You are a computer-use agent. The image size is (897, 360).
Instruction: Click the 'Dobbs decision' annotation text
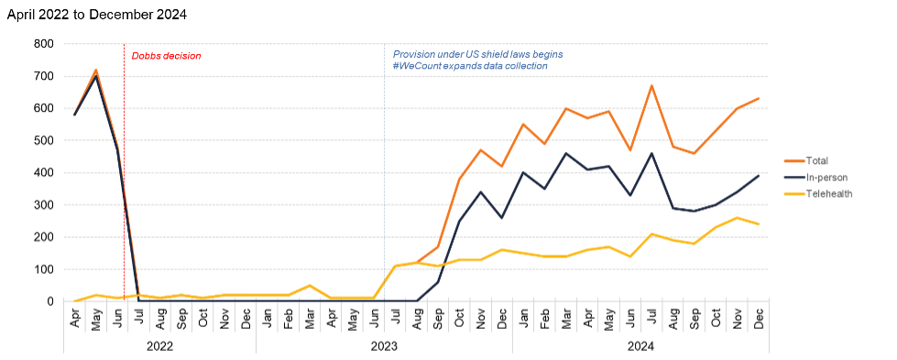tap(166, 56)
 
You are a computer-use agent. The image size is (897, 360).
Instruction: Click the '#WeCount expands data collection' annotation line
tap(470, 66)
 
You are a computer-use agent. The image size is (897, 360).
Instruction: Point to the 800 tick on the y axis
tap(44, 44)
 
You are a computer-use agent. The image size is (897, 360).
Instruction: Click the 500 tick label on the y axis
tap(44, 140)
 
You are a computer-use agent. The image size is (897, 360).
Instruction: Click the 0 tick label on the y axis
tap(50, 301)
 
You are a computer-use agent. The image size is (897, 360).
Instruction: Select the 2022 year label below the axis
tap(159, 346)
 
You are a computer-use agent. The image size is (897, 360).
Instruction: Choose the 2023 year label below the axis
tap(384, 346)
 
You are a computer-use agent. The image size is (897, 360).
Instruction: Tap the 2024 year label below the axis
tap(640, 346)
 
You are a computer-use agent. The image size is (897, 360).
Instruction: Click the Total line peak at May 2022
tap(96, 70)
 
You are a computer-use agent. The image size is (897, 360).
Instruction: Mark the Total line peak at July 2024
tap(651, 86)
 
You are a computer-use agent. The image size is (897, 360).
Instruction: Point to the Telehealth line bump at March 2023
tap(310, 286)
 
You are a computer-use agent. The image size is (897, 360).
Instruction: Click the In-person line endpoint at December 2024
tap(759, 176)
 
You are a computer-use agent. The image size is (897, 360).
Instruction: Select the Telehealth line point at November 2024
tap(738, 218)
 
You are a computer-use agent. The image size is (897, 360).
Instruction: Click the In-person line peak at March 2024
tap(566, 154)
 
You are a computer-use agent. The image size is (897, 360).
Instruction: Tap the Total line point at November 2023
tap(481, 150)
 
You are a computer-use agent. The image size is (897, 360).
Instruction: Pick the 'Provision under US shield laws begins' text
tap(477, 54)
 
